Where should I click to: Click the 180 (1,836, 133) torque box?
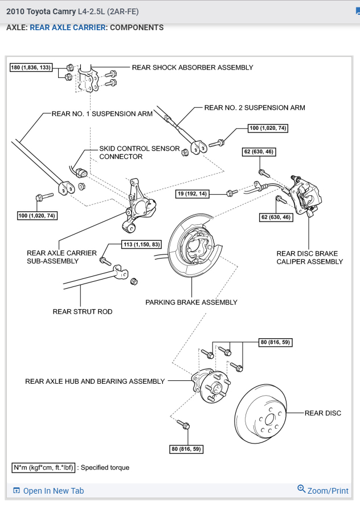pyautogui.click(x=31, y=68)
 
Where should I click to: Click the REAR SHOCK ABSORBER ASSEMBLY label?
pyautogui.click(x=193, y=67)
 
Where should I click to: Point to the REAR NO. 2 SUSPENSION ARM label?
pyautogui.click(x=255, y=108)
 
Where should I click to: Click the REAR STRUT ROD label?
pyautogui.click(x=83, y=311)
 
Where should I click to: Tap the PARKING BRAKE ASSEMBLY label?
pyautogui.click(x=191, y=302)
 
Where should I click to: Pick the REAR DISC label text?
pyautogui.click(x=323, y=413)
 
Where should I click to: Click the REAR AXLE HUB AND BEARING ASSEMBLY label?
pyautogui.click(x=95, y=381)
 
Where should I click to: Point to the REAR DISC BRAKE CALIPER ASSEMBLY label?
pyautogui.click(x=310, y=258)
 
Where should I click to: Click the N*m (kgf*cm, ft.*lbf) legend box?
pyautogui.click(x=43, y=467)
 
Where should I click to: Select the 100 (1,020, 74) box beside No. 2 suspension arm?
pyautogui.click(x=268, y=128)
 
